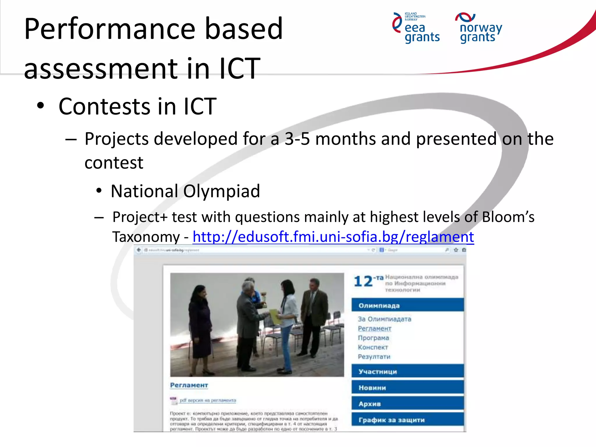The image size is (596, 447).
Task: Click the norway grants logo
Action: pos(479,28)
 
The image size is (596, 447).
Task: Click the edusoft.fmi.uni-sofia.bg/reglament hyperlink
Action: pos(333,237)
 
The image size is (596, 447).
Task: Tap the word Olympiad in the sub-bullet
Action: pos(221,191)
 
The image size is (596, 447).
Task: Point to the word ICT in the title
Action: pos(240,69)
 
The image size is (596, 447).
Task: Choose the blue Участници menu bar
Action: pos(407,371)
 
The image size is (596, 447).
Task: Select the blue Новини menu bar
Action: pos(407,388)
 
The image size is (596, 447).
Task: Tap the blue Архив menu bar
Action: pos(407,404)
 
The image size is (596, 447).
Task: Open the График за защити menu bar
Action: pos(407,420)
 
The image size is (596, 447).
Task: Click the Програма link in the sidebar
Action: pos(373,338)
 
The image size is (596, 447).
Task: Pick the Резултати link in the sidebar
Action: pos(374,356)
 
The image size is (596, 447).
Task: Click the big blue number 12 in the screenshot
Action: pos(363,281)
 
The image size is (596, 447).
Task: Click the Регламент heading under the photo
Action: pos(189,385)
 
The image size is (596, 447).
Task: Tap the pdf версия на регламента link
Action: pos(207,400)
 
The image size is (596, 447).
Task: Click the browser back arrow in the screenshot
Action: pos(139,250)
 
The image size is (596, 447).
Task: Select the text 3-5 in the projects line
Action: pos(297,139)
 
